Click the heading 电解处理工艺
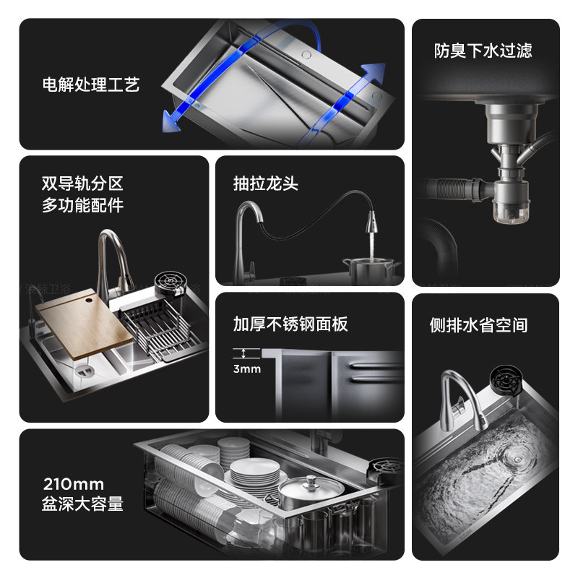pos(90,85)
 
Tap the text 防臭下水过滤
pos(483,51)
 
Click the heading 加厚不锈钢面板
pos(290,324)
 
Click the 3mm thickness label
pos(247,369)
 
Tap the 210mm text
pos(73,483)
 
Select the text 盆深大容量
pos(83,504)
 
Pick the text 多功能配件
pos(82,205)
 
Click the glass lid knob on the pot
pos(312,480)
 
